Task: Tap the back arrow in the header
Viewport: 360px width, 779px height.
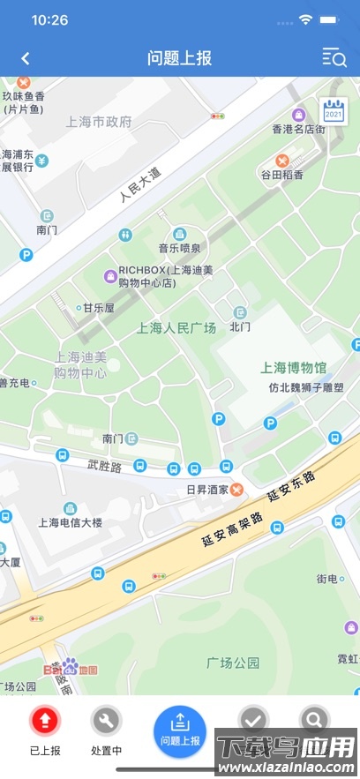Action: click(x=26, y=59)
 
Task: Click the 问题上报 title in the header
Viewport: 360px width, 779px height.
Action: click(x=180, y=59)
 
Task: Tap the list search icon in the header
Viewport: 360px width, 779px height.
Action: click(x=334, y=59)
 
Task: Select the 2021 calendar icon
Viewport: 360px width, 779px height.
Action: click(x=333, y=110)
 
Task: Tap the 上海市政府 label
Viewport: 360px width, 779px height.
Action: click(x=99, y=122)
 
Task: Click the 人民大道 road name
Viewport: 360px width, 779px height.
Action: click(x=141, y=184)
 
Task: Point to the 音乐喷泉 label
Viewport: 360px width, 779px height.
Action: click(x=179, y=248)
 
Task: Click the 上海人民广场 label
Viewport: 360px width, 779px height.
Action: click(x=176, y=328)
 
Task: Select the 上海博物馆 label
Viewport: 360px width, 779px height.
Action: click(x=294, y=367)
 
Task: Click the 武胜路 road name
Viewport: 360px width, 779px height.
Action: click(x=104, y=464)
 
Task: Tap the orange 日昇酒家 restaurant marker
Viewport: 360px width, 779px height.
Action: click(x=236, y=490)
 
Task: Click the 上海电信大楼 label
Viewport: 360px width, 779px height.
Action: click(x=70, y=522)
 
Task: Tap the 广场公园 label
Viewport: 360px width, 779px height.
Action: click(x=233, y=662)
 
